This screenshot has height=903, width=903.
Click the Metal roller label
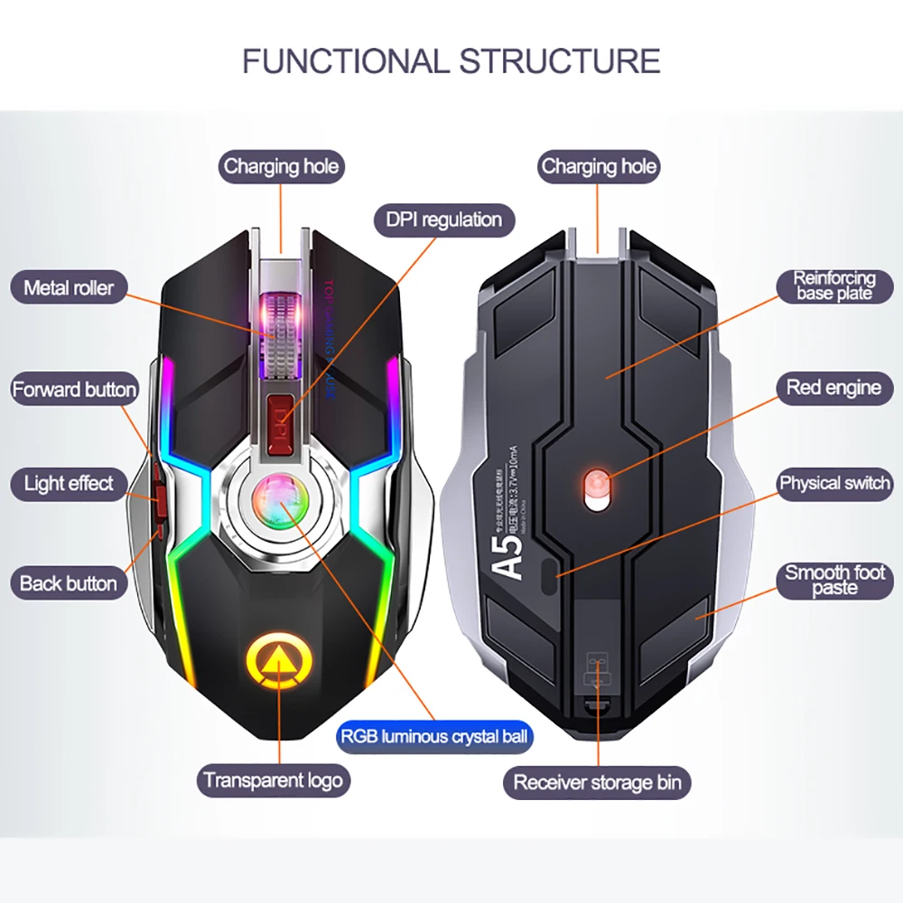[x=69, y=288]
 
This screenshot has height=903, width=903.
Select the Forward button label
[x=74, y=390]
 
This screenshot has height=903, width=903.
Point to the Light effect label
[x=69, y=483]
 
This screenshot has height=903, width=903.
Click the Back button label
[x=69, y=583]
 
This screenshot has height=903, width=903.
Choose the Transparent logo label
[x=273, y=780]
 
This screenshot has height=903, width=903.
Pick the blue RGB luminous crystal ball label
[x=434, y=737]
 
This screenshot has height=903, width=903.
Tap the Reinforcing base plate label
[x=833, y=285]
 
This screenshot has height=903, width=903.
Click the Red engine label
[x=833, y=388]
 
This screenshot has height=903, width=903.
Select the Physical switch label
[x=833, y=483]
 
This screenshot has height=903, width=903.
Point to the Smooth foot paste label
[x=833, y=580]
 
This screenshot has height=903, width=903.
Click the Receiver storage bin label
[x=597, y=782]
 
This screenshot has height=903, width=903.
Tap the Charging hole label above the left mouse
[x=281, y=166]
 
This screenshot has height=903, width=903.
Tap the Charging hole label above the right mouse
[x=599, y=166]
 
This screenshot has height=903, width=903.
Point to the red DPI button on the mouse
[x=283, y=414]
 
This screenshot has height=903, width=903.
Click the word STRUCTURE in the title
[x=560, y=61]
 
